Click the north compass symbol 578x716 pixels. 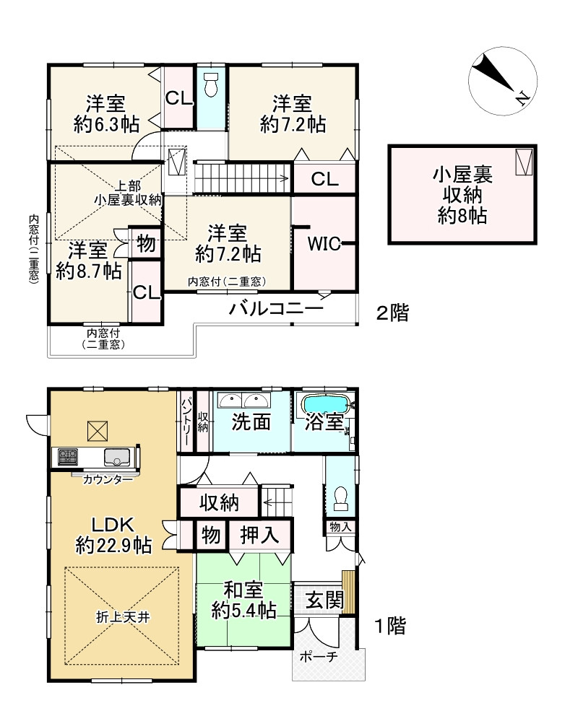pos(503,80)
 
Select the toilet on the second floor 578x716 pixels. pos(211,85)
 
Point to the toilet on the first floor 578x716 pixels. pos(340,499)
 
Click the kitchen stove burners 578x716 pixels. pos(68,457)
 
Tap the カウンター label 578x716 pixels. pos(108,479)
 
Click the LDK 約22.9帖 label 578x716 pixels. pos(113,535)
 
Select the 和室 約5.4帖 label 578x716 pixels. pos(243,600)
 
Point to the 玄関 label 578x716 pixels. pos(324,600)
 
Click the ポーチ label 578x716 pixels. pos(319,657)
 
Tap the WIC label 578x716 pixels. pos(324,244)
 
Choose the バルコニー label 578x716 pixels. pos(276,309)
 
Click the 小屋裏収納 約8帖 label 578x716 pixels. pos(462,196)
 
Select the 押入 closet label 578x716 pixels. pos(259,535)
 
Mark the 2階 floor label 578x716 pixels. pos(392,313)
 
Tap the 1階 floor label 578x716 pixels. pos(389,626)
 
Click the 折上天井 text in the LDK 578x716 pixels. pos(123,617)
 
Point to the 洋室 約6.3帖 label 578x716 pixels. pos(106,114)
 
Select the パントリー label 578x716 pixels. pos(186,422)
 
